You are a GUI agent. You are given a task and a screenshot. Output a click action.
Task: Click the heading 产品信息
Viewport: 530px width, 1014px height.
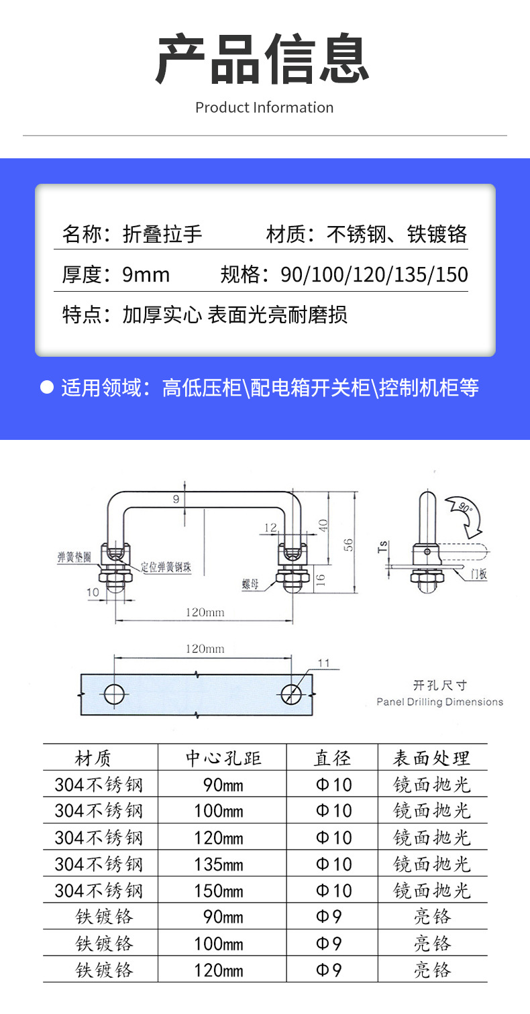pos(263,60)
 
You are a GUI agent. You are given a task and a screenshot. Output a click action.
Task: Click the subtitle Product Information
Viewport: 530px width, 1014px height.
pos(264,107)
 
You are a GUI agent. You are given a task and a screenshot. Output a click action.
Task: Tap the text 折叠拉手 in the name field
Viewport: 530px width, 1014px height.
pos(162,234)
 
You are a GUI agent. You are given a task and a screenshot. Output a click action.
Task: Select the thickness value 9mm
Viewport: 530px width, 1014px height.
pos(146,274)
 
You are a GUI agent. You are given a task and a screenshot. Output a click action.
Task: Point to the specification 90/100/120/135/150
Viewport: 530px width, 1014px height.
pos(374,274)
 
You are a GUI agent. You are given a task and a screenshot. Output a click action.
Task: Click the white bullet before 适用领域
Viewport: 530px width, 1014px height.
pos(46,387)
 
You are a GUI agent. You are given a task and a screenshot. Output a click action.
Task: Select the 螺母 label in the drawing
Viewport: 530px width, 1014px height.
pos(250,584)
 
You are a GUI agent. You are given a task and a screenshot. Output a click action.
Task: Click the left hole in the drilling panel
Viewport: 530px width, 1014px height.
pos(115,694)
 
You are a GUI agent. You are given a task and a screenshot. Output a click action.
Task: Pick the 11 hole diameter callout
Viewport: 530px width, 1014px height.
pos(323,663)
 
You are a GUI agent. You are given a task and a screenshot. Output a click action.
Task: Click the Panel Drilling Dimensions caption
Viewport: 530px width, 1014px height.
pos(439,702)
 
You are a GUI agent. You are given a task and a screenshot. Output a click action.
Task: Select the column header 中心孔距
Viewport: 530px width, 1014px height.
pos(223,758)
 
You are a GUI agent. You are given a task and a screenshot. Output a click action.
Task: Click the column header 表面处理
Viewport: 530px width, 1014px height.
pos(431,758)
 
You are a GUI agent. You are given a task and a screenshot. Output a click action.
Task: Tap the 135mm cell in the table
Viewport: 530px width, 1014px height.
pos(219,864)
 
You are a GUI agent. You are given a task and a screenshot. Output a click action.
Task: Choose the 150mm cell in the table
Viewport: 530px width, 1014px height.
pos(219,891)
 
